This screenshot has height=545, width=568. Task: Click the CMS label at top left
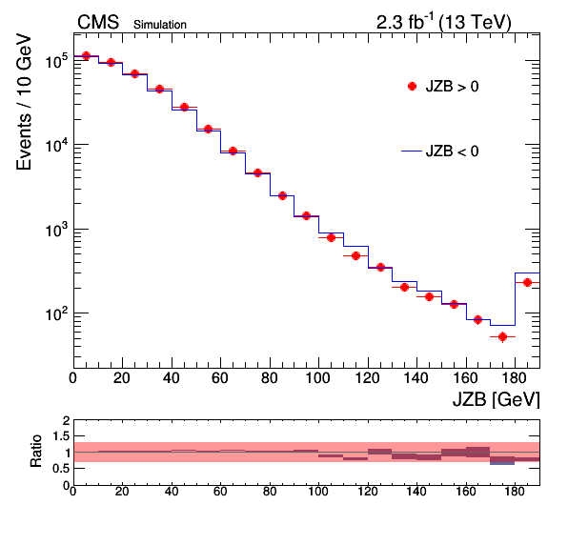(98, 23)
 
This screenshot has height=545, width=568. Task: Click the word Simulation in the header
(160, 25)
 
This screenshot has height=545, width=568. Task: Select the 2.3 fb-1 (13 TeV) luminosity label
(444, 22)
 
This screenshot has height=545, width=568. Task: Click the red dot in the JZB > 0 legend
(412, 86)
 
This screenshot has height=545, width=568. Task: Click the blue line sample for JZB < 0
(412, 151)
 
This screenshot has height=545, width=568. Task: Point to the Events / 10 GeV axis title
(24, 102)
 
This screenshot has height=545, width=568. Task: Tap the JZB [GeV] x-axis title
(497, 400)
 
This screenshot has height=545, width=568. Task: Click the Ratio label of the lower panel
(36, 452)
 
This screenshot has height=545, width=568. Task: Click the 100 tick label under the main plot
(318, 378)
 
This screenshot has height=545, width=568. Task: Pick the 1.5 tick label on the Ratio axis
(61, 436)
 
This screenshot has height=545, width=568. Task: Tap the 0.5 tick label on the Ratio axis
(61, 469)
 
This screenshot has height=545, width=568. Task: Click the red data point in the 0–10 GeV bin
(86, 56)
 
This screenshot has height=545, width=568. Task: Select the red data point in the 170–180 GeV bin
(502, 336)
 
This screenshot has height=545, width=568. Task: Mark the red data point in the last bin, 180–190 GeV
(527, 282)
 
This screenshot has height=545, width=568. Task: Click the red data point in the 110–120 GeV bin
(355, 256)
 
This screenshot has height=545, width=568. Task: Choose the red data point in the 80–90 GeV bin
(282, 196)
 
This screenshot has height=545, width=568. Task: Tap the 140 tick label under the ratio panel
(416, 492)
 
